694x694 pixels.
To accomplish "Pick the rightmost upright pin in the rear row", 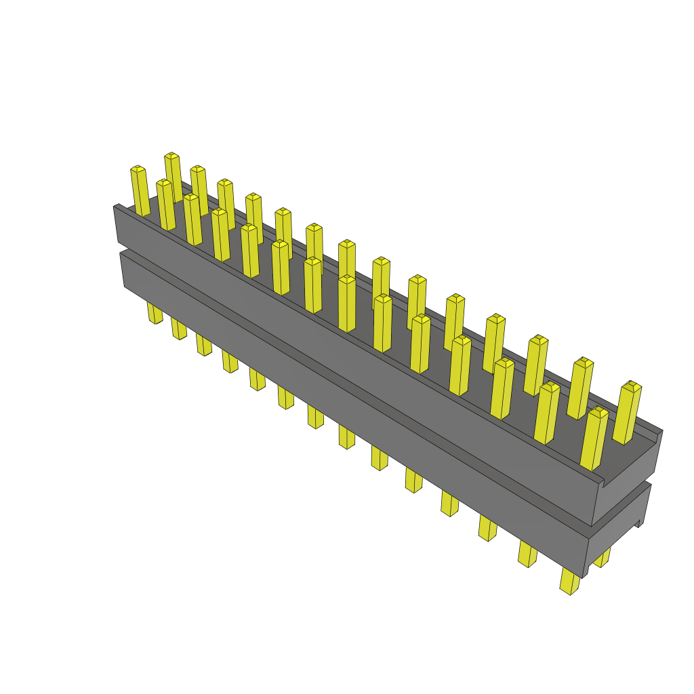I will (x=627, y=413).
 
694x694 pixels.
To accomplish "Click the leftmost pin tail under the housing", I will (x=155, y=312).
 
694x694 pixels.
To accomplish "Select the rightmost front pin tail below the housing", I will (x=569, y=581).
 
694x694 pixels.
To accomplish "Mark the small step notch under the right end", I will (x=638, y=523).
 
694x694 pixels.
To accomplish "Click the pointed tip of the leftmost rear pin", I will (x=171, y=156).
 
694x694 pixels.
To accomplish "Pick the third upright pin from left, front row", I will (x=192, y=219).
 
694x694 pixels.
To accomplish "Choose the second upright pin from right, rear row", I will (x=579, y=388).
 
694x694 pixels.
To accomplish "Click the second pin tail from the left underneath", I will (x=178, y=328).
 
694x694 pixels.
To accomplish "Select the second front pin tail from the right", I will (x=527, y=553).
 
